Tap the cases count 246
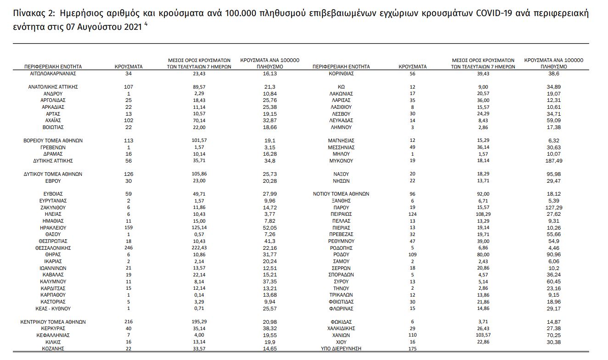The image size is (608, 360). [128, 248]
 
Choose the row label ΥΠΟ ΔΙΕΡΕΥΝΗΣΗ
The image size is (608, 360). [341, 349]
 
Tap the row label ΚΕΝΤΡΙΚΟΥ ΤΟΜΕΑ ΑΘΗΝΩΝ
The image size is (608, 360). [53, 322]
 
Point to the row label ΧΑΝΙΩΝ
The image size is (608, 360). [341, 335]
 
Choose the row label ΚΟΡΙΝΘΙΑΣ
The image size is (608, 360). [341, 73]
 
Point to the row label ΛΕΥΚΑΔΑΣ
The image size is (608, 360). [341, 120]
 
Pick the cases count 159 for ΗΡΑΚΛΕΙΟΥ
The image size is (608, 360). [128, 228]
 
